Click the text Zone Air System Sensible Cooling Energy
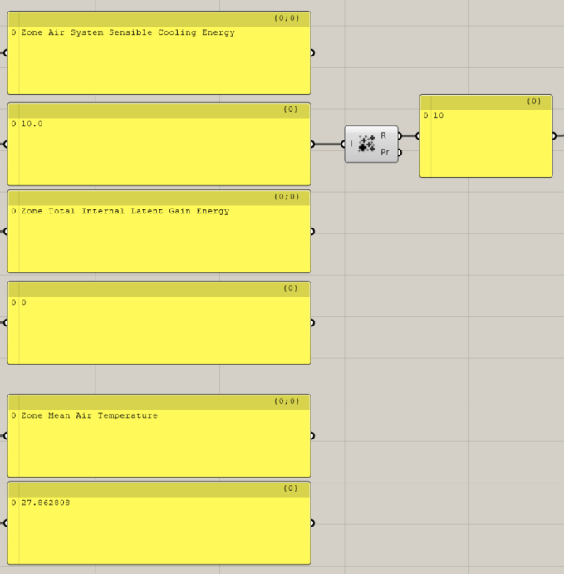click(x=128, y=33)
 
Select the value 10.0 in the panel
click(x=32, y=124)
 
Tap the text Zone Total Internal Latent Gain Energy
click(x=125, y=212)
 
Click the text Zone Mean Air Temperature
click(x=89, y=416)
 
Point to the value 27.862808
click(x=46, y=503)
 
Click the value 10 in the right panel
click(x=439, y=116)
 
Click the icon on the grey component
click(x=366, y=144)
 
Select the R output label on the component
click(x=383, y=135)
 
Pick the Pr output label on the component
click(x=384, y=152)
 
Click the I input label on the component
click(x=351, y=144)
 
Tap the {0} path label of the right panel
click(x=534, y=101)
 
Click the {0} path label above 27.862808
click(x=291, y=488)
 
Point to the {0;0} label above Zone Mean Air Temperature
click(x=287, y=401)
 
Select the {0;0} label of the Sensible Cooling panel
click(x=287, y=18)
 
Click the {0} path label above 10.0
click(x=291, y=110)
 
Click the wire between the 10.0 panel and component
click(x=328, y=144)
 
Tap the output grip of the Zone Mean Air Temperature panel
click(x=311, y=435)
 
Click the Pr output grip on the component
click(x=399, y=152)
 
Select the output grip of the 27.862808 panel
click(x=311, y=522)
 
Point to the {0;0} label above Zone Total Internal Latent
click(x=287, y=197)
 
